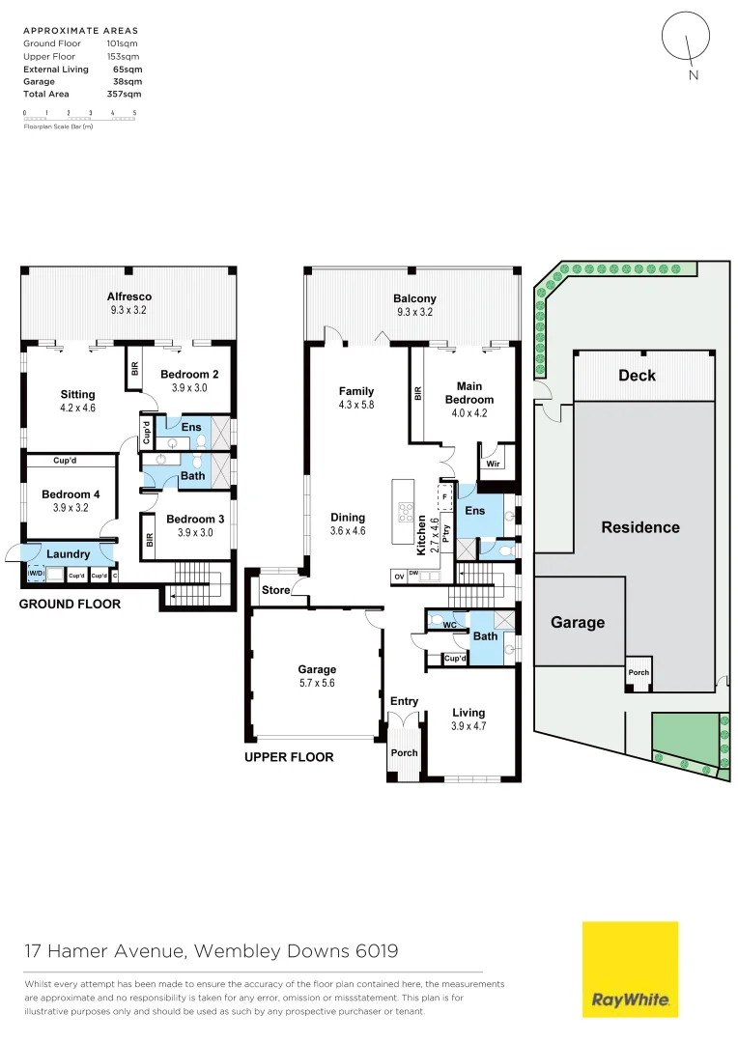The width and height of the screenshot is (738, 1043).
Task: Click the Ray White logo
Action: (630, 969)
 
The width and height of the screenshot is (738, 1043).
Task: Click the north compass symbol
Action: (685, 40)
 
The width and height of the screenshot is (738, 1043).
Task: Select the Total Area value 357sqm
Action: (124, 95)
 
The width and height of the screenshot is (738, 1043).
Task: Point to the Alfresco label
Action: (129, 296)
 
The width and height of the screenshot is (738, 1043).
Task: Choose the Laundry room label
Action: (69, 554)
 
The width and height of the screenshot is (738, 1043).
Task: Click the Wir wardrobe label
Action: (494, 464)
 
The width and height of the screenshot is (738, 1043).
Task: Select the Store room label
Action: (275, 589)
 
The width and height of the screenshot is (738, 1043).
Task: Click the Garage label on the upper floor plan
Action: (317, 669)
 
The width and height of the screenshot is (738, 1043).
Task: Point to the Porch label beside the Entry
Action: (404, 752)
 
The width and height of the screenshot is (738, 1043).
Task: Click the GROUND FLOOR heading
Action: (71, 605)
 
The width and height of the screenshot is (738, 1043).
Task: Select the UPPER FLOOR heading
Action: (289, 757)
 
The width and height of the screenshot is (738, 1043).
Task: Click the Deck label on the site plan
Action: (637, 376)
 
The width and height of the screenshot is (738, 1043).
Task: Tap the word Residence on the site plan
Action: (640, 527)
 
